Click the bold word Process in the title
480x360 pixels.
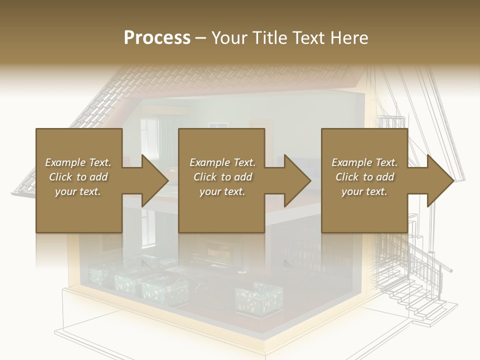tap(157, 38)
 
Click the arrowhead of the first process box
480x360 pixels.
tap(155, 180)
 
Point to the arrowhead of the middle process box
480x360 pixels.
tap(298, 180)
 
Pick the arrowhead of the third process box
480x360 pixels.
tap(441, 180)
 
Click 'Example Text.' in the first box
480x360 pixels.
tap(78, 162)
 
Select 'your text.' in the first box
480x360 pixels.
tap(78, 191)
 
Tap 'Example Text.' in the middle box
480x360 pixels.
tap(222, 162)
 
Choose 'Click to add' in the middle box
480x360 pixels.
tap(222, 177)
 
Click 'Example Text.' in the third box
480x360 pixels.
tap(364, 162)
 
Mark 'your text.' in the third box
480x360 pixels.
tap(364, 191)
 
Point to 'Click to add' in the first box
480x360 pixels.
tap(78, 177)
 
